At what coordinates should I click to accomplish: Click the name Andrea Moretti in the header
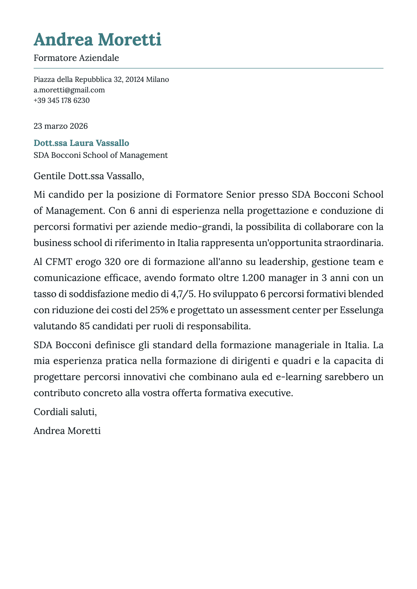click(97, 39)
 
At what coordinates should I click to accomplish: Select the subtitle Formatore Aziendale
click(76, 58)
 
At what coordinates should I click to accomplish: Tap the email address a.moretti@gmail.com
click(69, 90)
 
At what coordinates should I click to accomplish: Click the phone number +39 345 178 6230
click(61, 100)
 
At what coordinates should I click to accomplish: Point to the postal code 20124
click(134, 79)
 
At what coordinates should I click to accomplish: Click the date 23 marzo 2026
click(61, 126)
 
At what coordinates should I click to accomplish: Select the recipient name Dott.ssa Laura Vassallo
click(81, 143)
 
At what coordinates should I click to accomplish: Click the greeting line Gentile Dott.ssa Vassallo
click(89, 176)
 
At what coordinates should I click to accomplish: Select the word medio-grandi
click(204, 227)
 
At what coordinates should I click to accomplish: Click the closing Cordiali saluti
click(65, 412)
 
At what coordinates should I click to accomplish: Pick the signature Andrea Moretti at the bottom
click(67, 430)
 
